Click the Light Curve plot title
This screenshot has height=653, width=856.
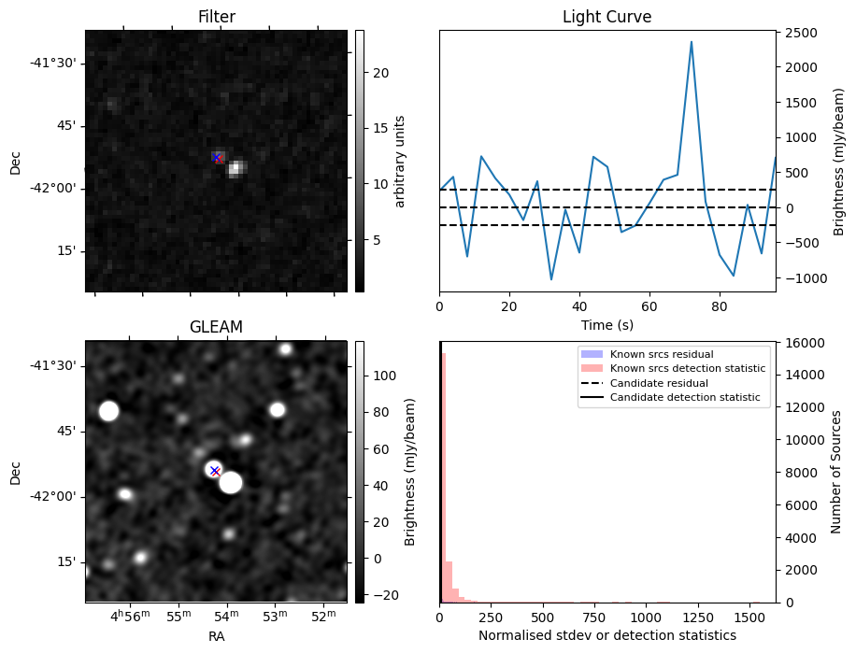606,17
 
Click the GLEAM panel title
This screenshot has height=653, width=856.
216,327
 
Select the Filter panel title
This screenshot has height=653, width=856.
216,17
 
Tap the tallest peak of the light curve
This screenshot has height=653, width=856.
692,42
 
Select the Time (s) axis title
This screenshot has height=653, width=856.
606,323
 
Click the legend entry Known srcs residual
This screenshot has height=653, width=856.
661,354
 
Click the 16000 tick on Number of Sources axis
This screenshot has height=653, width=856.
802,344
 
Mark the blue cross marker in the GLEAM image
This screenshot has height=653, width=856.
214,470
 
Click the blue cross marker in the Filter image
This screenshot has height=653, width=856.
217,157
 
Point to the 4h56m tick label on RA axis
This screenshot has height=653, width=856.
130,617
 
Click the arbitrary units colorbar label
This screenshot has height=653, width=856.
400,161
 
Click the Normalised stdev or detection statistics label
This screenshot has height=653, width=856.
606,635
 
